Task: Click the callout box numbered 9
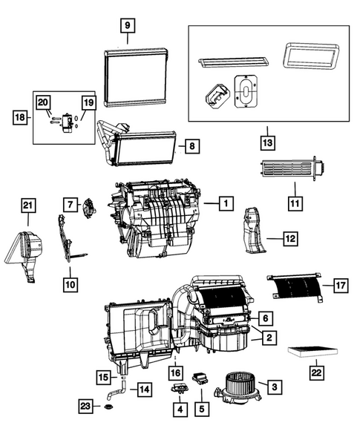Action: pos(128,25)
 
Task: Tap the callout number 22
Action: pos(317,372)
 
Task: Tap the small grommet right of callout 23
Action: pos(111,406)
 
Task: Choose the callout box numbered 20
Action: pos(42,102)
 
